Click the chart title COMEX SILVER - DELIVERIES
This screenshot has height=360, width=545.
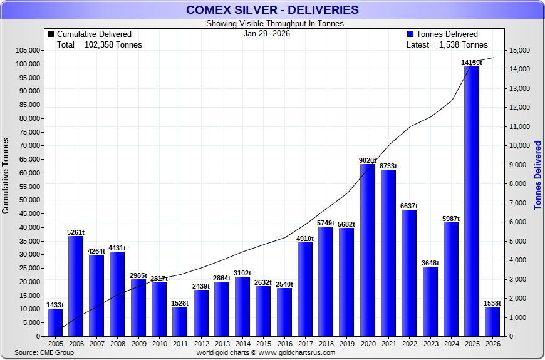(x=272, y=9)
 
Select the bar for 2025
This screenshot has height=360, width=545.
(x=471, y=200)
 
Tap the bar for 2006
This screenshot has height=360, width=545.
(x=76, y=285)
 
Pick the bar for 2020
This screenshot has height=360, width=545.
(x=367, y=250)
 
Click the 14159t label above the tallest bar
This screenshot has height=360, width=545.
(x=471, y=63)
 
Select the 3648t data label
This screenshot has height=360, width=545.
(x=430, y=263)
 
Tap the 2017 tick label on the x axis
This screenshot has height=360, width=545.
(x=304, y=344)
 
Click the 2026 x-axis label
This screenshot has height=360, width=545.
(x=492, y=344)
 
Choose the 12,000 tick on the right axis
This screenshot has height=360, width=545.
(x=521, y=107)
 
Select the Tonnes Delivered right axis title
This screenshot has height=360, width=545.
(x=537, y=175)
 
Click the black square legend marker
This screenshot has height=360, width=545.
(x=51, y=34)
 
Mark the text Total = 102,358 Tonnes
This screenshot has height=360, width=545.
(x=99, y=45)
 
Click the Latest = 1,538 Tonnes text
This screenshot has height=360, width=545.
(x=447, y=45)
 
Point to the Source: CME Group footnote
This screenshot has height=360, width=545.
(x=44, y=353)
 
